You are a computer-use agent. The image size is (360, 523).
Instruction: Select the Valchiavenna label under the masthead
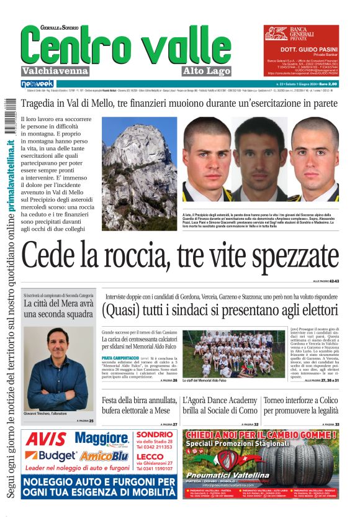(x=55, y=70)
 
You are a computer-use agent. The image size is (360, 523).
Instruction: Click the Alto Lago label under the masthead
(x=207, y=70)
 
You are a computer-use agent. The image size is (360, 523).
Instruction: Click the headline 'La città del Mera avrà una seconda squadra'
(x=58, y=309)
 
